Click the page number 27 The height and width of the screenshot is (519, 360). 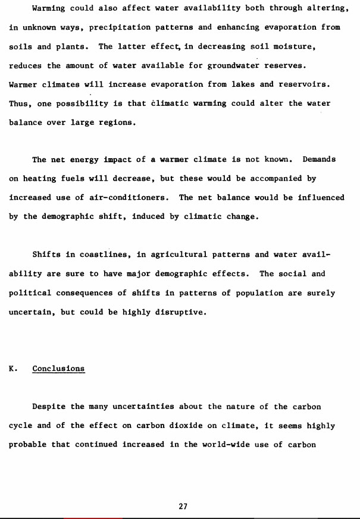[x=183, y=507]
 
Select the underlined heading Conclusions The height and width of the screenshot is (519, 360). [x=58, y=369]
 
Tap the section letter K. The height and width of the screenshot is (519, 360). [x=12, y=369]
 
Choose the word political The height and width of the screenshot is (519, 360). [x=30, y=293]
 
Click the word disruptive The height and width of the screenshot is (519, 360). [x=180, y=312]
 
